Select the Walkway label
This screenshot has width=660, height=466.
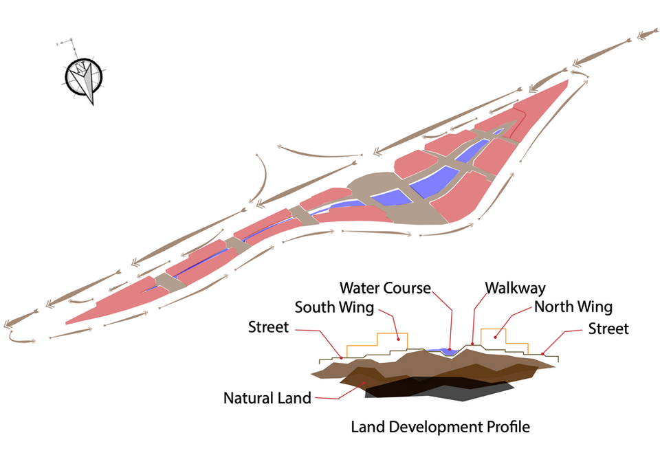pos(515,287)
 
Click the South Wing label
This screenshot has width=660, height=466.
pos(334,307)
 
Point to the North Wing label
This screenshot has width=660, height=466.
pos(573,307)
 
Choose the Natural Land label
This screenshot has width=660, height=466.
pos(267,397)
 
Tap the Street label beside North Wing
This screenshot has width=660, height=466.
pos(608,329)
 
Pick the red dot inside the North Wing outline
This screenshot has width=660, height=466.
pos(494,337)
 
